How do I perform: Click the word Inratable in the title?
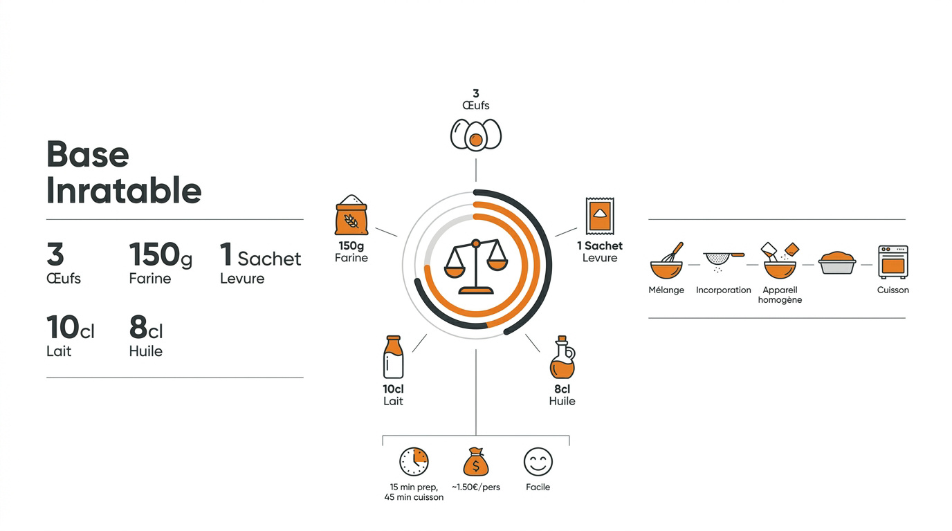124,191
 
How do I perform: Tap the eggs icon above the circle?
475,135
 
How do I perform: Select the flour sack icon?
351,215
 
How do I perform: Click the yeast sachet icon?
600,216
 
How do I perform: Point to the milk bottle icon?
393,357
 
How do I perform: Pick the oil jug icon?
562,357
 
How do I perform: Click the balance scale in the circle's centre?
476,266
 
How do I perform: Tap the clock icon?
414,461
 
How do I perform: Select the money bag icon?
475,462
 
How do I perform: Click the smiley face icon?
538,462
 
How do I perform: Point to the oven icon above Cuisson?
893,262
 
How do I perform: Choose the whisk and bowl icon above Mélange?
666,261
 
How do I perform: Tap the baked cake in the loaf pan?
837,263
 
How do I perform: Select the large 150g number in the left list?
161,255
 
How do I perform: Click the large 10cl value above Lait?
70,327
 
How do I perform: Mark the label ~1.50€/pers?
475,487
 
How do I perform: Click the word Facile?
538,487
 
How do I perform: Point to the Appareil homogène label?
780,295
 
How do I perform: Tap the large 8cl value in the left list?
146,327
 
